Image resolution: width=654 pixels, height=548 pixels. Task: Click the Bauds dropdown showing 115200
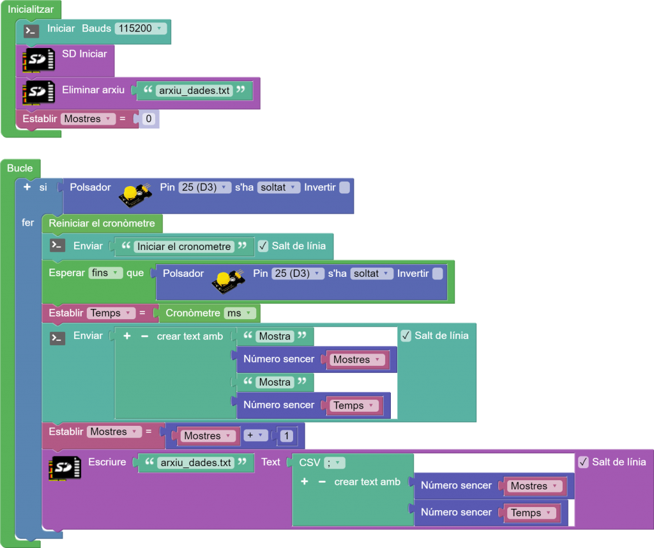point(141,29)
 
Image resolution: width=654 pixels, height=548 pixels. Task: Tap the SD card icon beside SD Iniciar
point(38,59)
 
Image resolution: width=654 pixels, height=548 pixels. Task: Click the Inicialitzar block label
point(31,9)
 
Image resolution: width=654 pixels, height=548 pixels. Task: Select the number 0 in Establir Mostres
point(149,119)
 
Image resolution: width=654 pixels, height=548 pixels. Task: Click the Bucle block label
point(20,168)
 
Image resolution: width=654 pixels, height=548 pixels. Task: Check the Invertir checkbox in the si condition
point(345,187)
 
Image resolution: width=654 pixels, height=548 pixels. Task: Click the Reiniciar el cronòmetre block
point(102,223)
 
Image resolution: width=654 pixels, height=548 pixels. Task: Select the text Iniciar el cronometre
point(184,246)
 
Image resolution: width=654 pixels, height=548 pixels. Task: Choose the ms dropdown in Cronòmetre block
point(240,313)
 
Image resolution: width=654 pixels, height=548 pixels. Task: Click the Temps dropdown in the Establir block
point(111,313)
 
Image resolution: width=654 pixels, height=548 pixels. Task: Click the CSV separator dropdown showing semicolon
point(335,462)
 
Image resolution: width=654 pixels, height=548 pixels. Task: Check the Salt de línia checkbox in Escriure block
point(583,462)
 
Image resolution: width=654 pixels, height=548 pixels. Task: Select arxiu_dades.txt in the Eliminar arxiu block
point(195,91)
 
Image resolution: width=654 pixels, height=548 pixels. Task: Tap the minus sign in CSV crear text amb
point(322,481)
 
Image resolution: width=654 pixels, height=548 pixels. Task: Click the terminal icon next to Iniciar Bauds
point(31,30)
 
